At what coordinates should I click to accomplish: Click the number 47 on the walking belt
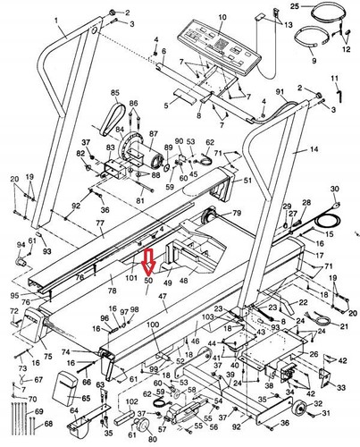(163, 295)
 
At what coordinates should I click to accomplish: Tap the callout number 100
(153, 325)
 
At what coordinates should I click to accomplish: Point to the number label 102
(131, 401)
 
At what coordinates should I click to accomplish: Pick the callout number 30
(335, 190)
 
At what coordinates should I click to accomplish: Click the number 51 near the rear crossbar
(247, 181)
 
